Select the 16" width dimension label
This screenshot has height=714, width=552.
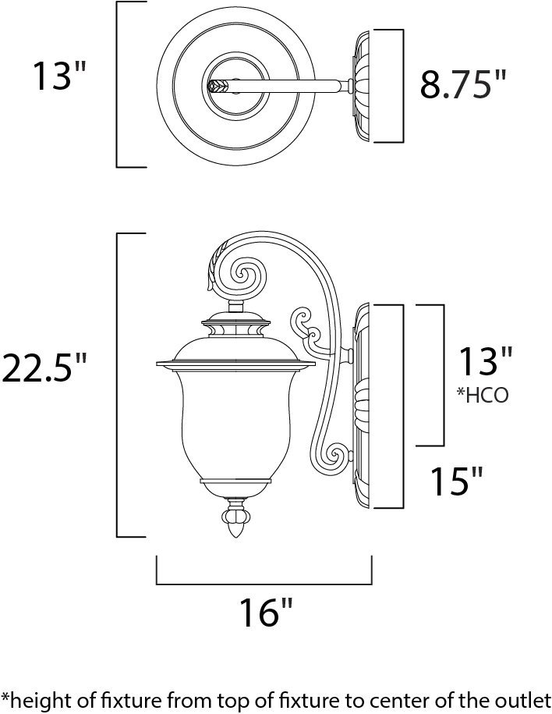267,613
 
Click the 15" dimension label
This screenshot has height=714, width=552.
456,481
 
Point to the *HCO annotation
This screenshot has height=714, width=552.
483,396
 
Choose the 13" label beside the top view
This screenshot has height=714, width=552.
59,75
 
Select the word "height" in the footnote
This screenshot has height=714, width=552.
37,702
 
